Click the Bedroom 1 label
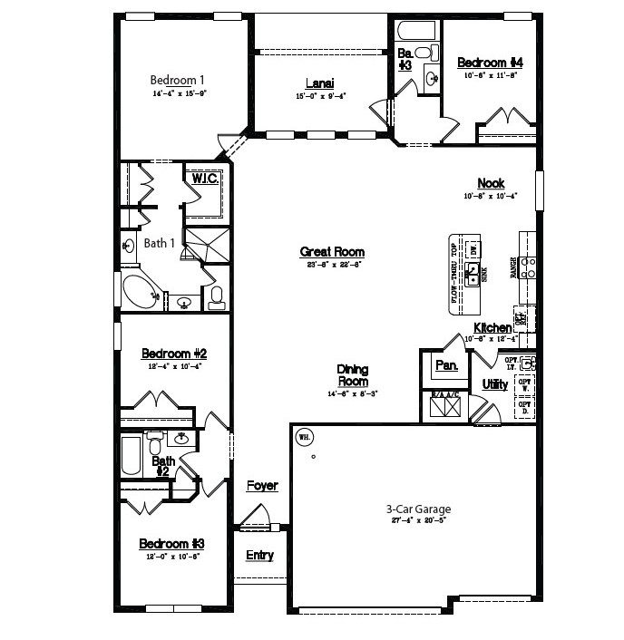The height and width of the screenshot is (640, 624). tap(177, 79)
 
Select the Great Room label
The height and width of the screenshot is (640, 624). tap(332, 252)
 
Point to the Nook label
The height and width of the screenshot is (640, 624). tap(491, 183)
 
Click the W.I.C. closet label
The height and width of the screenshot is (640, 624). tap(204, 179)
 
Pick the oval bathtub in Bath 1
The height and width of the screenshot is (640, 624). tap(140, 290)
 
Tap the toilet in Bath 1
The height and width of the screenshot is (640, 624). tap(217, 297)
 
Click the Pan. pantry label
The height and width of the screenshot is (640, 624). tap(446, 365)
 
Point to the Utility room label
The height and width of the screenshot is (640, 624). tap(495, 385)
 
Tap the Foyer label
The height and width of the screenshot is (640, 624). tap(262, 486)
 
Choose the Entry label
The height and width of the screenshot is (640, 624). tap(259, 555)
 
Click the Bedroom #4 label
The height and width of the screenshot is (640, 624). tap(490, 63)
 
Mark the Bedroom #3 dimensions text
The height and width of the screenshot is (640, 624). tap(172, 556)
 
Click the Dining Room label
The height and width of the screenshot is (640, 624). tap(352, 375)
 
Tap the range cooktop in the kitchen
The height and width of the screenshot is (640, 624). tap(527, 266)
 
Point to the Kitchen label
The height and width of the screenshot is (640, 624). tap(492, 327)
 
